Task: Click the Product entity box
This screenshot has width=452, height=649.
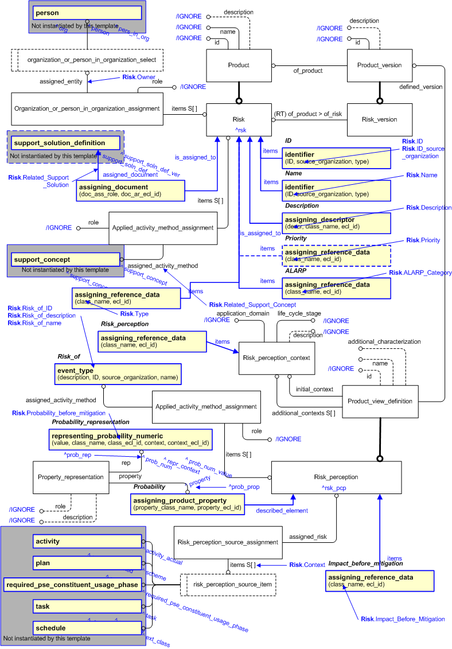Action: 239,65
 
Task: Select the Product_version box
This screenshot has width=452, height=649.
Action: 379,65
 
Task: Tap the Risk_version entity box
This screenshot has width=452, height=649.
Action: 379,119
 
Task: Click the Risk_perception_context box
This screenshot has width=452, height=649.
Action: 276,358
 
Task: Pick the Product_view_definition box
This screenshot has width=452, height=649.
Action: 379,401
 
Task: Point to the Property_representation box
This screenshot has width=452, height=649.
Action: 71,477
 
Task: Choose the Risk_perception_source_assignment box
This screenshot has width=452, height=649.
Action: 228,542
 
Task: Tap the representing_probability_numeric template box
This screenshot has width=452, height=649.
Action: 132,440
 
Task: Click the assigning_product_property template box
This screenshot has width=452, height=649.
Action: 187,504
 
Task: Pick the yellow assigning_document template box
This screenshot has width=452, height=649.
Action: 131,191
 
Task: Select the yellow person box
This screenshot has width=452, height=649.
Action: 87,13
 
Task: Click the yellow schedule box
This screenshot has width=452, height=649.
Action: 87,628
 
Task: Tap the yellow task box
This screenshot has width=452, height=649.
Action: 87,607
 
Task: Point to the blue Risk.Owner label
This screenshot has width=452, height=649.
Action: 139,77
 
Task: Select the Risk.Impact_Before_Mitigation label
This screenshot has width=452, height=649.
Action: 403,619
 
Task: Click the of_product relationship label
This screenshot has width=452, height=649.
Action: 308,71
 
